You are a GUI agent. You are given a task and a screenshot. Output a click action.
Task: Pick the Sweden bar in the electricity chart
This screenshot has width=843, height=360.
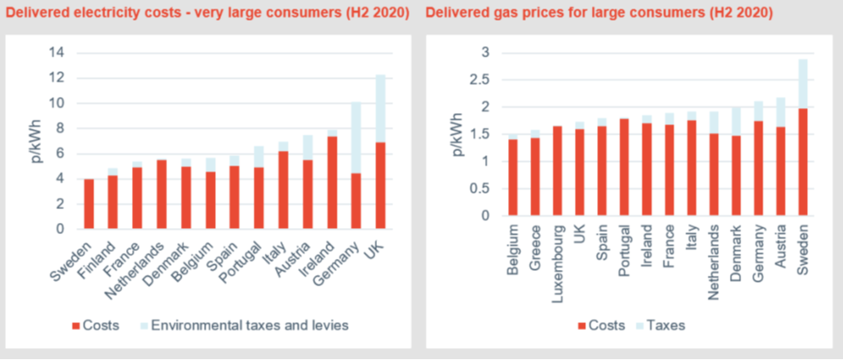[88, 204]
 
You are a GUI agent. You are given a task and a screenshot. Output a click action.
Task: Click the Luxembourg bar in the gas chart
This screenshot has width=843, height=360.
[557, 171]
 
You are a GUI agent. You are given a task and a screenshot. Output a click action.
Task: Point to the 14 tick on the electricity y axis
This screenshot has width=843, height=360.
[58, 53]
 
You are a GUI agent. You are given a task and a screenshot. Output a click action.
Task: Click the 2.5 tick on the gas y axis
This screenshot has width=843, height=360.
[487, 80]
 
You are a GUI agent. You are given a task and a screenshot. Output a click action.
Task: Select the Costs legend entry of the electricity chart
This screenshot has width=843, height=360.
[101, 326]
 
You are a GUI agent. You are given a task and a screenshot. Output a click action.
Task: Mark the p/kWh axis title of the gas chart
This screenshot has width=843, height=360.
[458, 135]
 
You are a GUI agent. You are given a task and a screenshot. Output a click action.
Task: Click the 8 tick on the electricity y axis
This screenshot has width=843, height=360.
[62, 129]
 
